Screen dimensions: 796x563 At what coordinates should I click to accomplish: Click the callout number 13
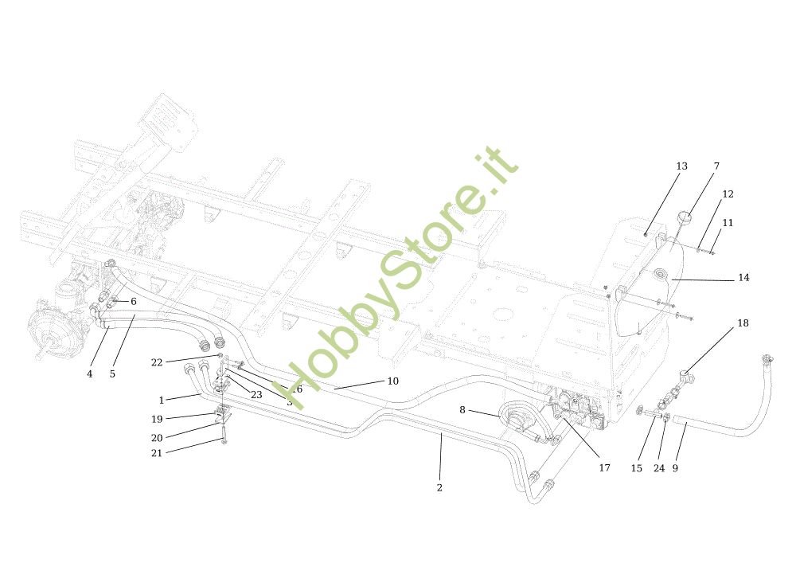click(681, 166)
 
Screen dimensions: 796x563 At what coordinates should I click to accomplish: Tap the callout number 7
click(716, 166)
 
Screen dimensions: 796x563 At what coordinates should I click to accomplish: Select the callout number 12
click(728, 194)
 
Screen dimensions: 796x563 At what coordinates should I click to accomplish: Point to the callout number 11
click(728, 223)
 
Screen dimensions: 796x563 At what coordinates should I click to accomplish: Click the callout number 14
click(743, 278)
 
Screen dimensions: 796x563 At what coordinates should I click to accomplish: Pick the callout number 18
click(743, 323)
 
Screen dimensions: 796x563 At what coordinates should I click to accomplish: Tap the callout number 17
click(604, 468)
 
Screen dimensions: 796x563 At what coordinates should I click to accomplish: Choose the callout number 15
click(636, 468)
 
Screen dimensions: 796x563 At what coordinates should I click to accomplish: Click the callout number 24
click(659, 468)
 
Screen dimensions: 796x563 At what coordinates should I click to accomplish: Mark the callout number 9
click(675, 468)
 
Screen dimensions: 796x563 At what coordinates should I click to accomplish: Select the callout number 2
click(439, 487)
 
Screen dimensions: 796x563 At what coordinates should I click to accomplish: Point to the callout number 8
click(462, 410)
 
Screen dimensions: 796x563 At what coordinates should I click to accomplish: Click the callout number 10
click(392, 381)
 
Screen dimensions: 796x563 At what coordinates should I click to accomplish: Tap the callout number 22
click(157, 362)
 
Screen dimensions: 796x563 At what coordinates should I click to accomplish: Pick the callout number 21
click(157, 452)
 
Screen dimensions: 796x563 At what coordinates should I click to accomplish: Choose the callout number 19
click(157, 419)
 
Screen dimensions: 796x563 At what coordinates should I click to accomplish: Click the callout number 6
click(133, 302)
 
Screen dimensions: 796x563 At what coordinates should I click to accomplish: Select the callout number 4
click(90, 373)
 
